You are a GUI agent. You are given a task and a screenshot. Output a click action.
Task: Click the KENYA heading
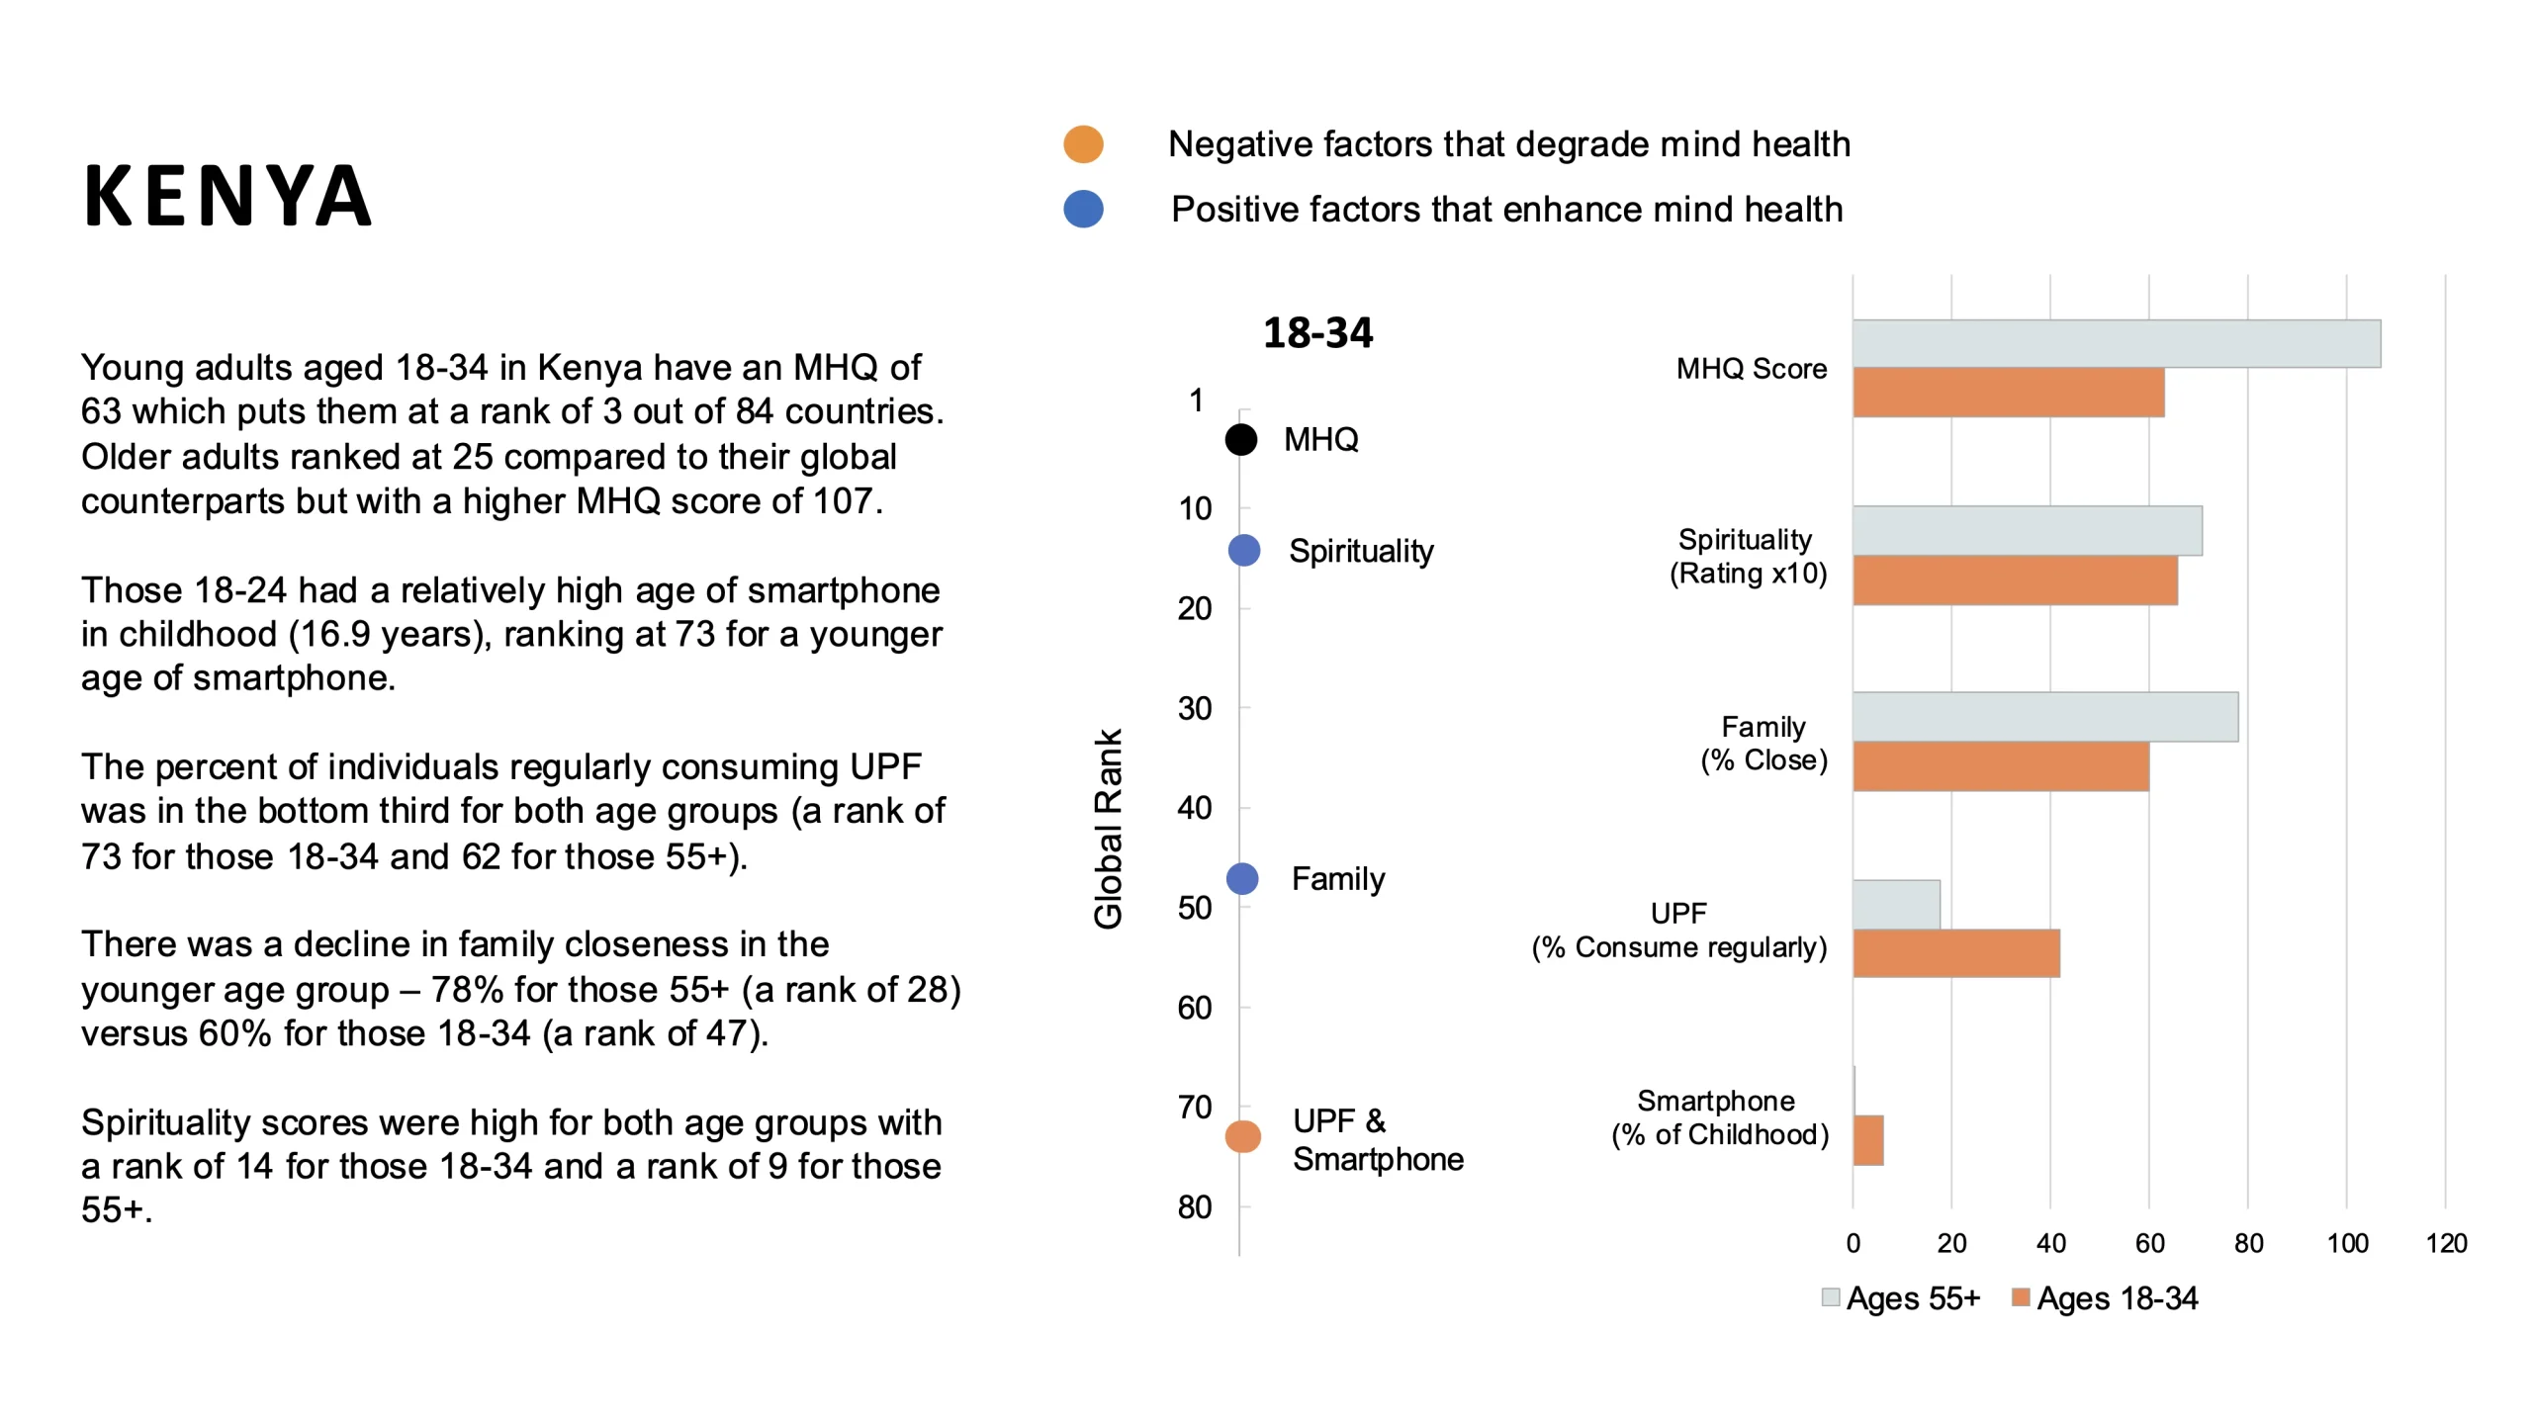coord(227,196)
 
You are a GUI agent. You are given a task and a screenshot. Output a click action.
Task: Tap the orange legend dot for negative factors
coord(1083,144)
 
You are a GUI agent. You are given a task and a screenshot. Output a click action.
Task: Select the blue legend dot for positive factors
coord(1083,209)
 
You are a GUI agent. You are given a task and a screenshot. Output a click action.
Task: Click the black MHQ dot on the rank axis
coord(1241,439)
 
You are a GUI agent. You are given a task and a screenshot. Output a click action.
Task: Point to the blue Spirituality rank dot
coord(1244,550)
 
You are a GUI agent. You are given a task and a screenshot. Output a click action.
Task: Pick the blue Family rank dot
coord(1242,878)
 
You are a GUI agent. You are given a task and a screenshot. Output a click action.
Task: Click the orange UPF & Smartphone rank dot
coord(1243,1137)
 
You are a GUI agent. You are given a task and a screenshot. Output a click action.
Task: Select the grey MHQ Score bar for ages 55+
coord(2116,344)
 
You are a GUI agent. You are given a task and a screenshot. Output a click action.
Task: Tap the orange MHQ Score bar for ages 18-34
coord(2008,393)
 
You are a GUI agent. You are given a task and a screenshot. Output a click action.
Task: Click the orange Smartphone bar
coord(1868,1140)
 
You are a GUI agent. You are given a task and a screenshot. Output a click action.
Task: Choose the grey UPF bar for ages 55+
coord(1896,904)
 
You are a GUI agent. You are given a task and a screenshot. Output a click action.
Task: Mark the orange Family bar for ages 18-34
coord(2000,766)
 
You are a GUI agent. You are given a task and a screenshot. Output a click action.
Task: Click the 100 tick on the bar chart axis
coord(2347,1243)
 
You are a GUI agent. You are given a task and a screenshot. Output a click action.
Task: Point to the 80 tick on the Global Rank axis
coord(1195,1207)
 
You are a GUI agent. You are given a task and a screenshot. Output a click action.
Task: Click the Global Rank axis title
coord(1108,829)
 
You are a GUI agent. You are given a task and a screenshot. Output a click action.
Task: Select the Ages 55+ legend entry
coord(1901,1297)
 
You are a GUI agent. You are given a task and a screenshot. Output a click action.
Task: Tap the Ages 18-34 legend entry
coord(2105,1297)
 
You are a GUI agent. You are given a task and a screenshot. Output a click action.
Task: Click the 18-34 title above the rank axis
coord(1317,333)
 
